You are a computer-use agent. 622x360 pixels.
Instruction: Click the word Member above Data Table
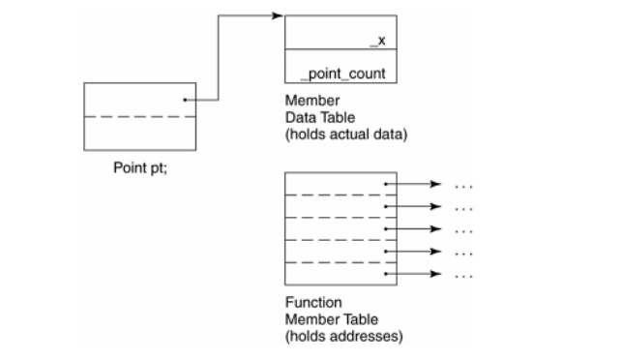pyautogui.click(x=307, y=101)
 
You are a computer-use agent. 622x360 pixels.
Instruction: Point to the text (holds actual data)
pyautogui.click(x=345, y=133)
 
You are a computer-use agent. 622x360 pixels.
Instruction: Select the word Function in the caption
pyautogui.click(x=308, y=304)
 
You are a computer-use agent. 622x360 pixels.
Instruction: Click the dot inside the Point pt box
pyautogui.click(x=185, y=99)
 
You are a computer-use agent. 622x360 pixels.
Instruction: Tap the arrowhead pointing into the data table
pyautogui.click(x=278, y=16)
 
